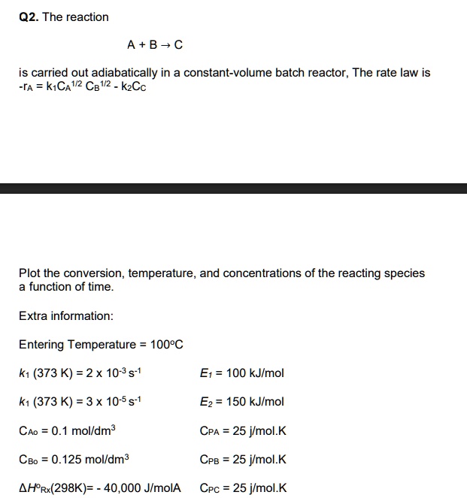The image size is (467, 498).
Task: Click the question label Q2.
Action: click(28, 17)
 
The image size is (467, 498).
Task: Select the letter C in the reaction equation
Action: click(178, 45)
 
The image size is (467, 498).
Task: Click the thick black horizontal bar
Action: click(233, 188)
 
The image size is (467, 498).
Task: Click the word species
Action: click(405, 273)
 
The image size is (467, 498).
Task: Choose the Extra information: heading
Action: click(66, 316)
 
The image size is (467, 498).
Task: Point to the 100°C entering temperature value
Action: click(167, 345)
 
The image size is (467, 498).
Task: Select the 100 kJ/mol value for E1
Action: click(254, 373)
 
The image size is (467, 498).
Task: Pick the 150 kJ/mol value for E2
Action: click(254, 402)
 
